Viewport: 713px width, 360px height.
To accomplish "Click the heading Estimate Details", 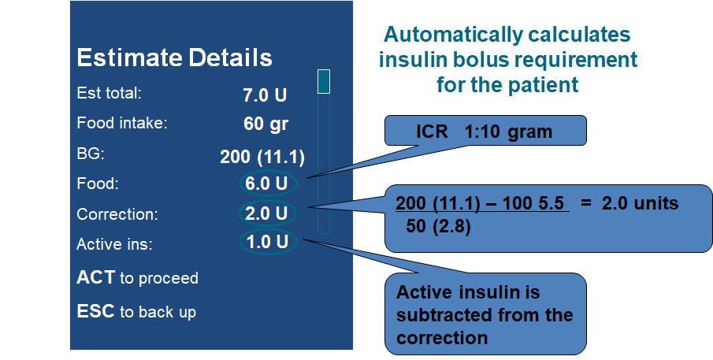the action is [175, 58].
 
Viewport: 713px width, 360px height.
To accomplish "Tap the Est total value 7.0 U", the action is [265, 95].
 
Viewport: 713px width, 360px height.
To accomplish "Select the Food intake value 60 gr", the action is [266, 124].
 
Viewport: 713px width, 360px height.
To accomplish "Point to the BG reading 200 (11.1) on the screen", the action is [262, 157].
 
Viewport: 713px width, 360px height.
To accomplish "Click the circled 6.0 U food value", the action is [266, 184].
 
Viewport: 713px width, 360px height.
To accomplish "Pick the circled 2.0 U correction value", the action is [266, 213].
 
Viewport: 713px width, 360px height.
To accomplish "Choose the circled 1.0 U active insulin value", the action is [267, 241].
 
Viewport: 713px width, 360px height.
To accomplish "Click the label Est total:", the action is [110, 93].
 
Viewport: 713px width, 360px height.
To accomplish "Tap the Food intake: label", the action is [122, 123].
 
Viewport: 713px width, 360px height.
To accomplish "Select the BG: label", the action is [91, 154].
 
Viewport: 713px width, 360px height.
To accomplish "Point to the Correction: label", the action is [117, 214].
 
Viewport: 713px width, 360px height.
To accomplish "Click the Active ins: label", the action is [114, 244].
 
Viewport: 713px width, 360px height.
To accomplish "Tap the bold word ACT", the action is [95, 276].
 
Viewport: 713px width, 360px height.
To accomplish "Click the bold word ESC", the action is [95, 311].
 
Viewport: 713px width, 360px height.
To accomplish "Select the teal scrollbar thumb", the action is [323, 82].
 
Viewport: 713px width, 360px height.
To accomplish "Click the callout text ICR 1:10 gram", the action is [485, 132].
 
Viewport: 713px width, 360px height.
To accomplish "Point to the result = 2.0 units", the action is [629, 203].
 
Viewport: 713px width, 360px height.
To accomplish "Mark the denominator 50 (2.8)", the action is [438, 226].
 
